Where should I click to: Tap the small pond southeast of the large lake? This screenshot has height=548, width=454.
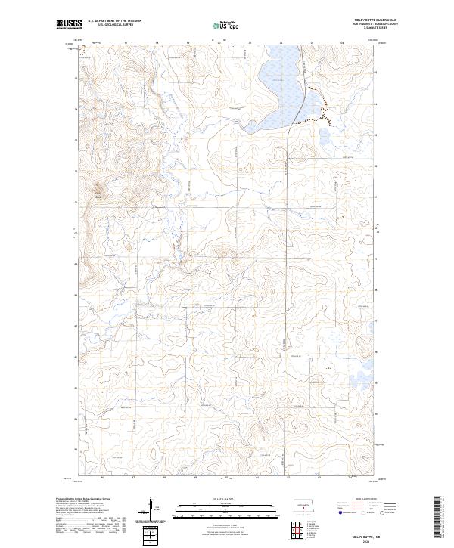pyautogui.click(x=325, y=141)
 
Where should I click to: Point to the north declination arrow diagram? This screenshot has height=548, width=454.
pyautogui.click(x=159, y=512)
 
